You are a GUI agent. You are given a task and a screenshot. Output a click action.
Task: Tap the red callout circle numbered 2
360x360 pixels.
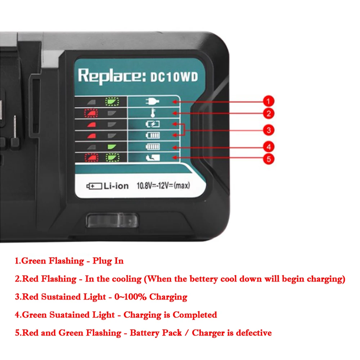coord(268,113)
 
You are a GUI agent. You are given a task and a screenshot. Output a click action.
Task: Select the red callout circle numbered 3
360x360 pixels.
coord(268,130)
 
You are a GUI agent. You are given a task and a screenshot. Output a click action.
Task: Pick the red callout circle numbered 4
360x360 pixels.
coord(268,147)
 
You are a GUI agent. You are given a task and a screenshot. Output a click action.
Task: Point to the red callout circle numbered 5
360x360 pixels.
coord(268,158)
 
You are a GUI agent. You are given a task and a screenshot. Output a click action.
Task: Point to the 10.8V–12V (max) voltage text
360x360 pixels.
coord(163,186)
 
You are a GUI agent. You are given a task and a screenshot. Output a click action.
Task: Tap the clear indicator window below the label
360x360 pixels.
coord(112,220)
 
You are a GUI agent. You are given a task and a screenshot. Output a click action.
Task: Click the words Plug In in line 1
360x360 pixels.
coord(108,261)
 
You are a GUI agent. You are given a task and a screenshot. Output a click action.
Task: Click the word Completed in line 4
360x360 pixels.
coord(195,315)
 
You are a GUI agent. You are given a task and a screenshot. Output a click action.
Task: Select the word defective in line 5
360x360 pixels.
coord(254,333)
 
